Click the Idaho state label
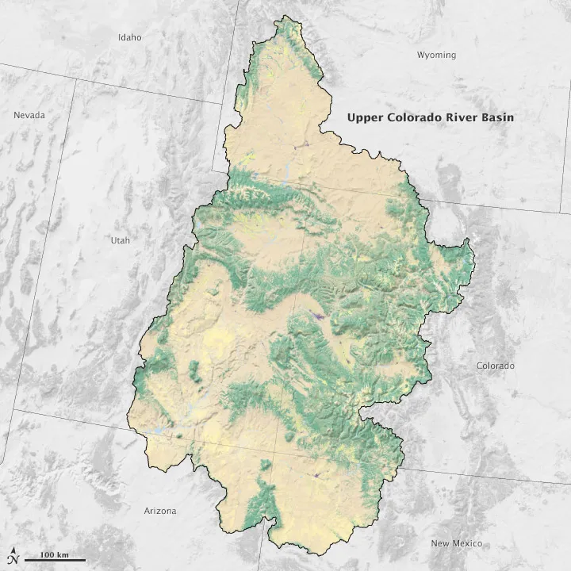129,37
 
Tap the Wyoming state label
436,55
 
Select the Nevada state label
29,115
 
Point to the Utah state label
121,240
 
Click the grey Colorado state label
495,366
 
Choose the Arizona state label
160,511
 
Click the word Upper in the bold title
364,117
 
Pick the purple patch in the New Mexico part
316,475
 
